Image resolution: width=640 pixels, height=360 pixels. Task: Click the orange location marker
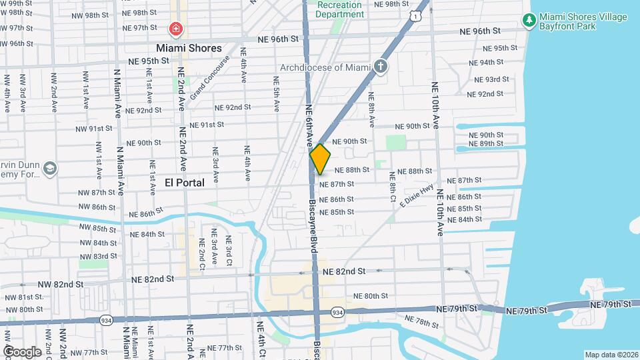[x=320, y=159]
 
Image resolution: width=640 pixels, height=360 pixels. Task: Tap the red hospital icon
[x=175, y=29]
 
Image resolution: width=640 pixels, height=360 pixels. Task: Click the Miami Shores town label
[x=188, y=48]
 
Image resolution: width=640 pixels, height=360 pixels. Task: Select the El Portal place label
[x=185, y=182]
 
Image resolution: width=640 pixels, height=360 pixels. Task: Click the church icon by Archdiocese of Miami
[x=380, y=66]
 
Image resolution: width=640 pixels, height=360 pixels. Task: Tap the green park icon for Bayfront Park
[x=529, y=21]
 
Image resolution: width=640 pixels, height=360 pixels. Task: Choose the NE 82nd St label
[x=343, y=271]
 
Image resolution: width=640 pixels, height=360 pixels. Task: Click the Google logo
[x=22, y=351]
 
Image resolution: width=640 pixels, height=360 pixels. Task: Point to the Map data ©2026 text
[x=611, y=355]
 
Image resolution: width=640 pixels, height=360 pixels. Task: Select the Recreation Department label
[x=339, y=9]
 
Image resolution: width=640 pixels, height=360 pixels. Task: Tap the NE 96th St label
[x=480, y=31]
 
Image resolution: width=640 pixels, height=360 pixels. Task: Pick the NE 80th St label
[x=370, y=296]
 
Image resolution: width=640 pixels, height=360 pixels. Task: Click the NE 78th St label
[x=421, y=323]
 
